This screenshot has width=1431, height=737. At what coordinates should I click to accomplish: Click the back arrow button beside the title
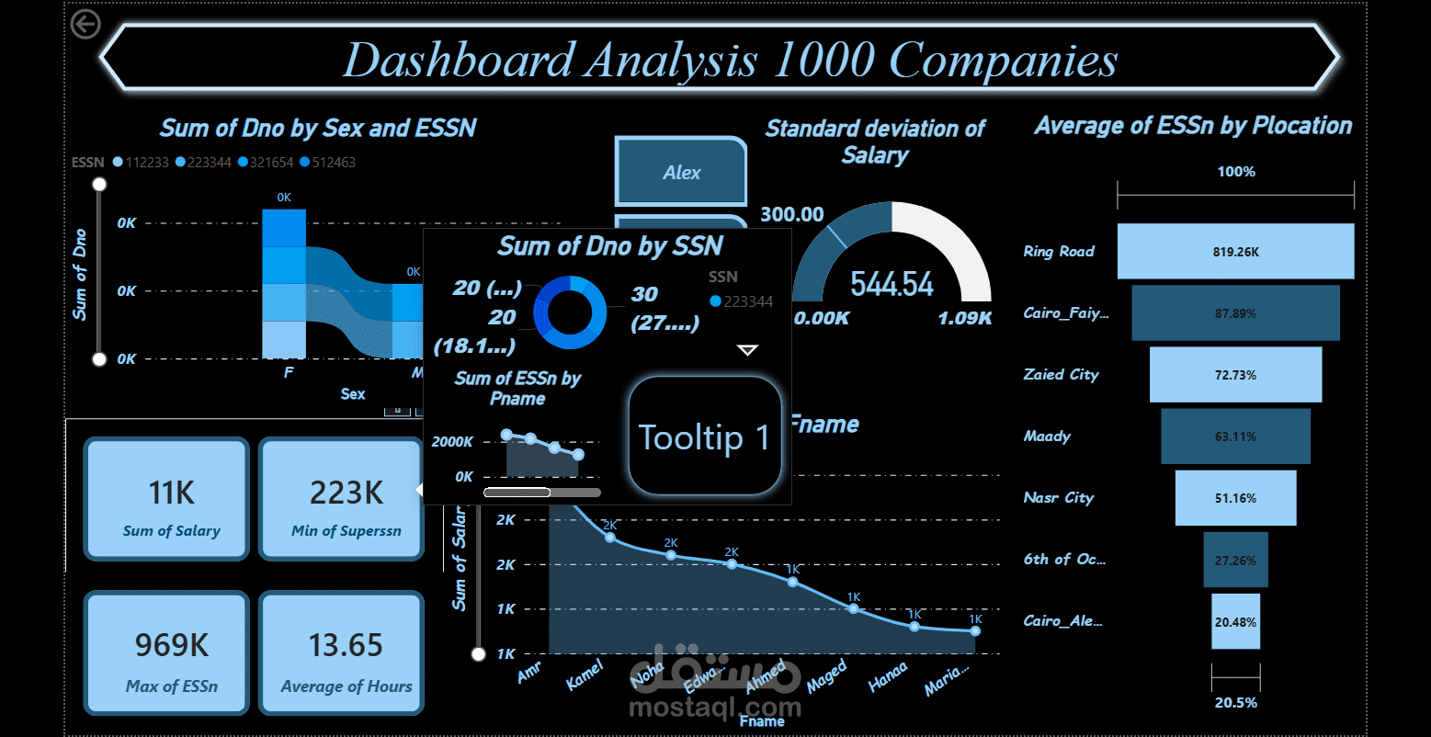point(85,24)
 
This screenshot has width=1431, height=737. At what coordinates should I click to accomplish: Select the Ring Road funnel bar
point(1235,251)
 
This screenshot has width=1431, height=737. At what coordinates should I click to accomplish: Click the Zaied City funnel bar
point(1235,375)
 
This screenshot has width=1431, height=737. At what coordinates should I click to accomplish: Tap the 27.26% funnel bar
point(1235,560)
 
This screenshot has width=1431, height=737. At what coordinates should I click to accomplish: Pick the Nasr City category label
point(1059,498)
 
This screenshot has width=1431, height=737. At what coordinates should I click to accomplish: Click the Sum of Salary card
point(166,499)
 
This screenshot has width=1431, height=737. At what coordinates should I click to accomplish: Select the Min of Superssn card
point(341,499)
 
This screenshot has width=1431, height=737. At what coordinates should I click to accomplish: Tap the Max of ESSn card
point(166,652)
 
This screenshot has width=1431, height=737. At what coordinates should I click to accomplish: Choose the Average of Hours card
point(341,652)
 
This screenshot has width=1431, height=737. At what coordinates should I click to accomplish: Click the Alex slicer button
point(680,172)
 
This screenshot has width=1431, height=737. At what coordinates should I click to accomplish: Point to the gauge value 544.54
point(892,285)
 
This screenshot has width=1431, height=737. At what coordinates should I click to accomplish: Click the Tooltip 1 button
point(704,437)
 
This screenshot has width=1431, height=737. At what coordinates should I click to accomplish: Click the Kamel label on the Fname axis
point(584,675)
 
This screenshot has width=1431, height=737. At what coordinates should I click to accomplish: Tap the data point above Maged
point(853,608)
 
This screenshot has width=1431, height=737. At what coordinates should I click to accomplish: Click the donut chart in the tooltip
point(570,312)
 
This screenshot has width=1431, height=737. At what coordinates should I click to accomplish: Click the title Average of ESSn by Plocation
point(1193,126)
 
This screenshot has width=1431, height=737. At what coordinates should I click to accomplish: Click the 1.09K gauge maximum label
point(964,318)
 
